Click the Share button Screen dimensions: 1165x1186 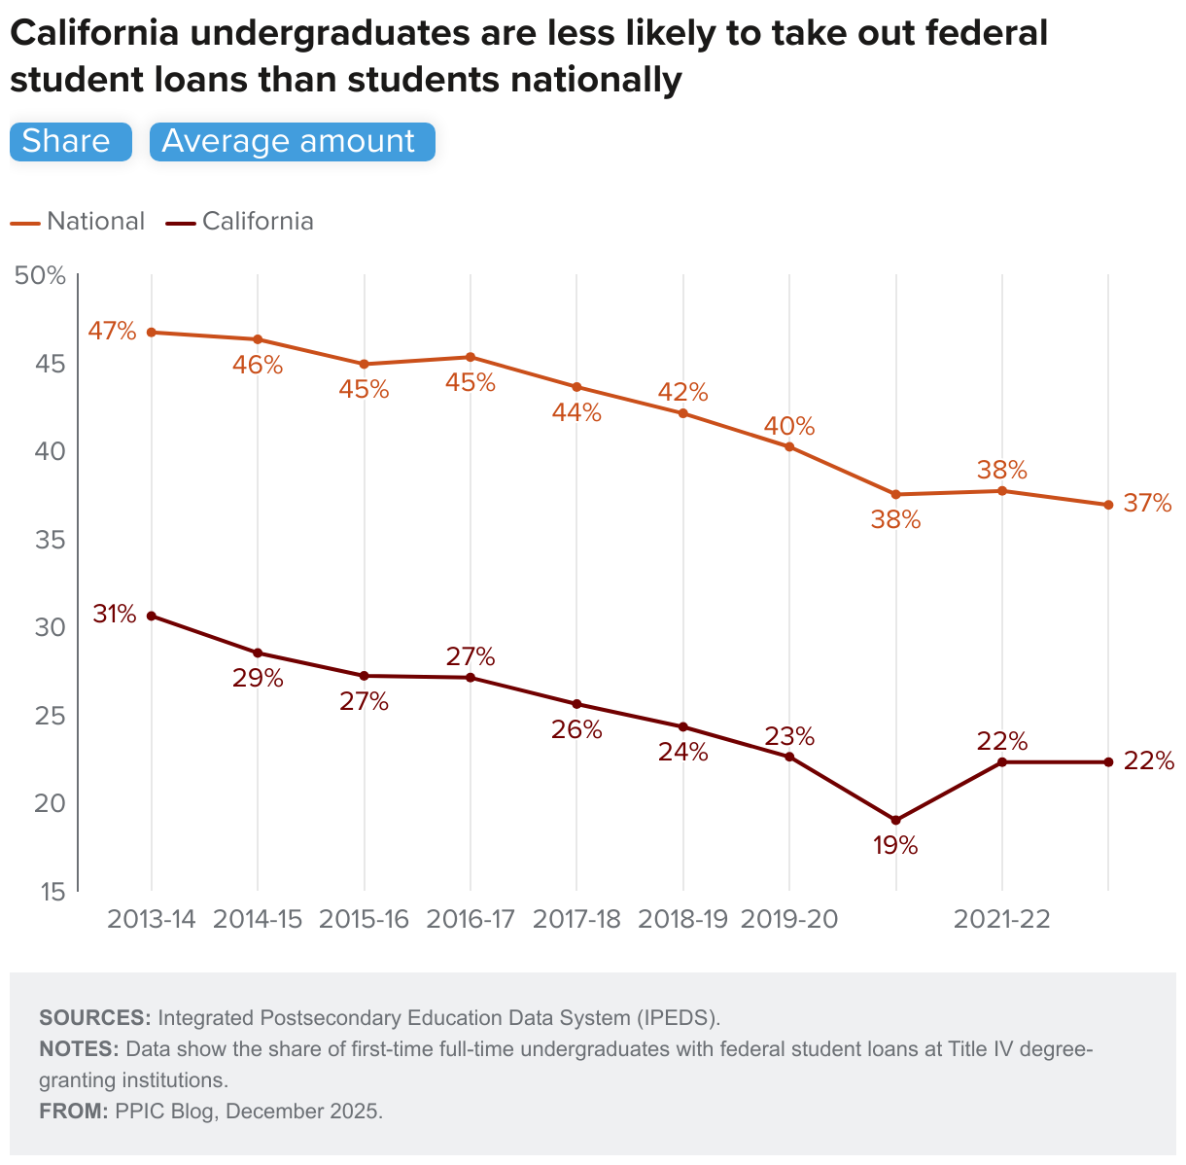pos(70,142)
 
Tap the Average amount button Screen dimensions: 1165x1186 pos(292,142)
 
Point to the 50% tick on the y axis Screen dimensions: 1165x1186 pos(40,276)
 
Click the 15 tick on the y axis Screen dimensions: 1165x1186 pos(53,891)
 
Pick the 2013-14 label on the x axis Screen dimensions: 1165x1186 pos(152,920)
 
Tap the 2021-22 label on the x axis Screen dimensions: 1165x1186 pos(1002,920)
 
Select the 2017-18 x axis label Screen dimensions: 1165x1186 pos(576,920)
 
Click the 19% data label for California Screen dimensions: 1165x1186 pos(895,845)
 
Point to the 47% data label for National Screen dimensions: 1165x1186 pos(113,331)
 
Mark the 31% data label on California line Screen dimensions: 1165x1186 pos(115,615)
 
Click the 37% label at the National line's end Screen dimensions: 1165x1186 pos(1148,504)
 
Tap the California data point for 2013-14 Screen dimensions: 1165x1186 pos(152,616)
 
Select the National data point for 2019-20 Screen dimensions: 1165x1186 pos(789,447)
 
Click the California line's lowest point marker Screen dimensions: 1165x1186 pos(895,821)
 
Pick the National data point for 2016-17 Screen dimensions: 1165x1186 pos(471,357)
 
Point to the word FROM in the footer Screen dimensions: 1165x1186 pos(74,1112)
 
